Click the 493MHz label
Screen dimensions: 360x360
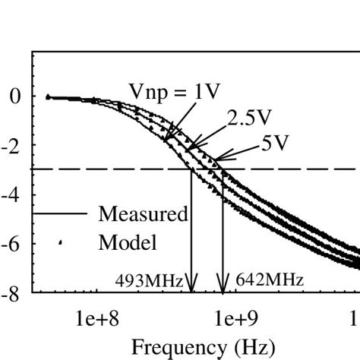[x=150, y=280]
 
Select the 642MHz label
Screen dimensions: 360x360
[x=270, y=280]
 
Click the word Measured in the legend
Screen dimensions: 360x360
[x=143, y=214]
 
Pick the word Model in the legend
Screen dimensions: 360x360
[x=127, y=243]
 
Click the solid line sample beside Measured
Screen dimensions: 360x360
[x=61, y=214]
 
